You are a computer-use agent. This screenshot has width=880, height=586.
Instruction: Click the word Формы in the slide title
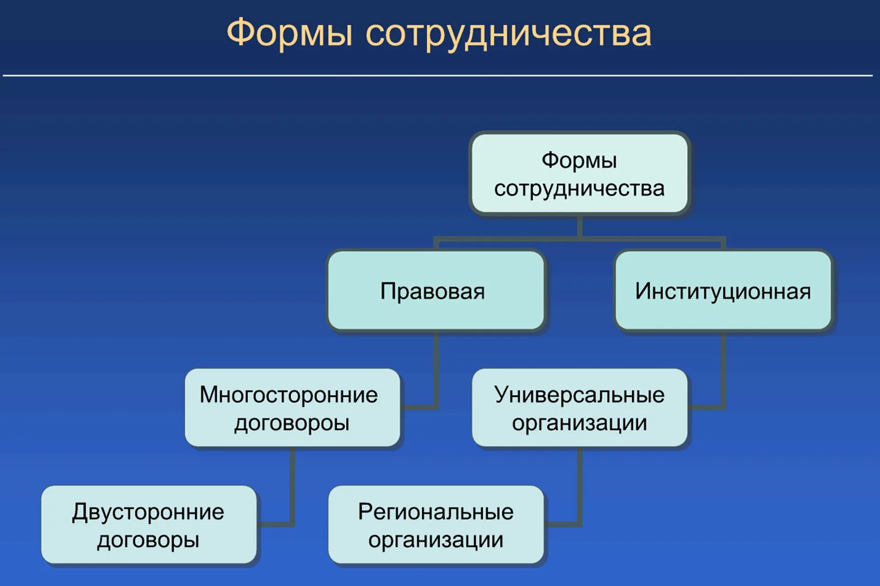tap(289, 32)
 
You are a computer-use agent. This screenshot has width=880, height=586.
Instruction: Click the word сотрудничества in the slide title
tap(508, 33)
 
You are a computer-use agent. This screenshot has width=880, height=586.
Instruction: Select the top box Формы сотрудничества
tap(579, 174)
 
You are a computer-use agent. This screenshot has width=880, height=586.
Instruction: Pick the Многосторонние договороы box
tap(292, 408)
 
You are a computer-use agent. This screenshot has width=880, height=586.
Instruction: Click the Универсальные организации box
tap(579, 408)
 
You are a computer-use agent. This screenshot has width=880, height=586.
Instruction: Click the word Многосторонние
tap(289, 395)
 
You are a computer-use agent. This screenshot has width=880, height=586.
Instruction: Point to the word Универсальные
tap(579, 395)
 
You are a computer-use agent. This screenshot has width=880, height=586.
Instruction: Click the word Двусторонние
tap(148, 512)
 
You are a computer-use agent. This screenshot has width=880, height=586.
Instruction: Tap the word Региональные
tap(436, 512)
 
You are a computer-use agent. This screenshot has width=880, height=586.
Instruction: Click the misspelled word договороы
tap(292, 423)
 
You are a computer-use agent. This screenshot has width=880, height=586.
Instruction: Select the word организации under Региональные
tap(436, 540)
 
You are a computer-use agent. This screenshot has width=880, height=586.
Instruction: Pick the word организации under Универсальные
tap(579, 423)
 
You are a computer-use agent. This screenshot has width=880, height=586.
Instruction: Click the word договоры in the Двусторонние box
tap(148, 540)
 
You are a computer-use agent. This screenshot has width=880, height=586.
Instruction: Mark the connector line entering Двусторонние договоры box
tap(275, 524)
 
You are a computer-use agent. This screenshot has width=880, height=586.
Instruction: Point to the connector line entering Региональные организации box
tap(562, 524)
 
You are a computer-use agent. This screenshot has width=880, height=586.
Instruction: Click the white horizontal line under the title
tap(438, 75)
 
